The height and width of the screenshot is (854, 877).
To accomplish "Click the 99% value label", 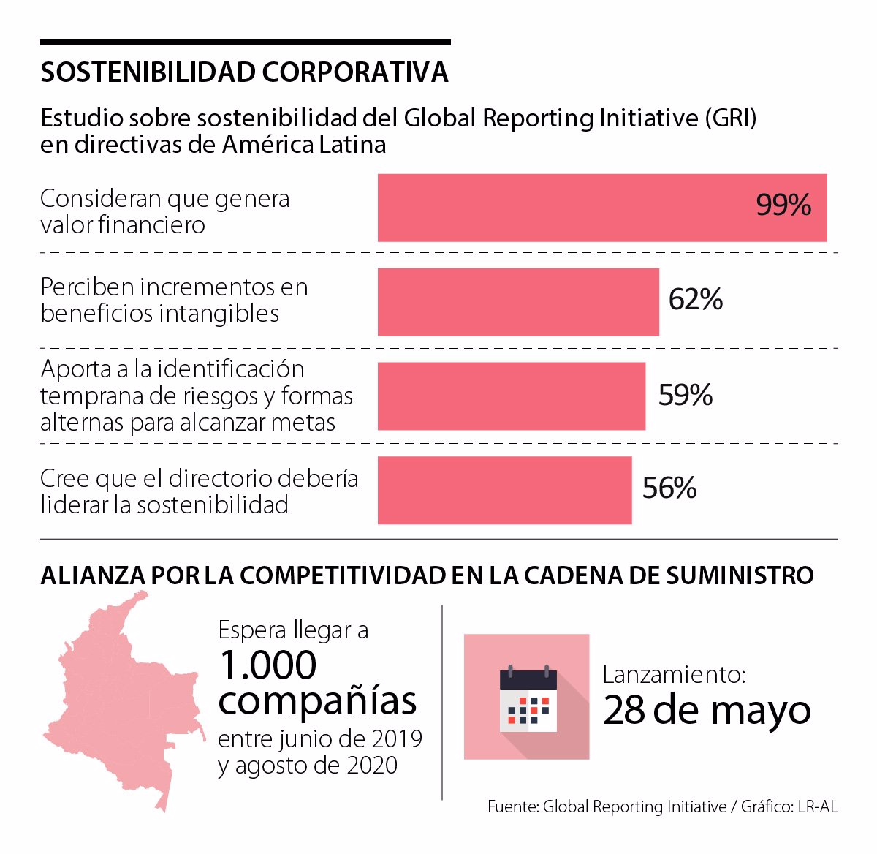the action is [x=783, y=205].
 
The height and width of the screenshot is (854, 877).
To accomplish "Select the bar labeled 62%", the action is [x=518, y=302].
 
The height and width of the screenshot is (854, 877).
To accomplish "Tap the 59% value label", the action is [x=685, y=395].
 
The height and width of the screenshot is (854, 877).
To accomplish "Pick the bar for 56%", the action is [x=505, y=490].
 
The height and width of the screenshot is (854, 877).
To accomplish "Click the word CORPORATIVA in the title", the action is [x=355, y=72].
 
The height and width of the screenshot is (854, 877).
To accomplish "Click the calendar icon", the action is [x=528, y=704].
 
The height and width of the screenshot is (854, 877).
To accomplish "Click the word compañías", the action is [x=318, y=702].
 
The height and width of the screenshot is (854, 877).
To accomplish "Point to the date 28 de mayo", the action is [x=707, y=710].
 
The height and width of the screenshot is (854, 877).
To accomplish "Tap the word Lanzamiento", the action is [x=674, y=675].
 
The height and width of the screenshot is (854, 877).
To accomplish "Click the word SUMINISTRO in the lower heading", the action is [x=740, y=575].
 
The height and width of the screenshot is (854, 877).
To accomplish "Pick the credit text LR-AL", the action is [x=818, y=806].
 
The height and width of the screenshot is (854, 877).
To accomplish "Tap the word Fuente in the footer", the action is [x=513, y=806].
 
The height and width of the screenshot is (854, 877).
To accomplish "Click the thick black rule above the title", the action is [x=245, y=42].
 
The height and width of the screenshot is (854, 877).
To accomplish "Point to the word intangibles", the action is [x=219, y=314].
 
